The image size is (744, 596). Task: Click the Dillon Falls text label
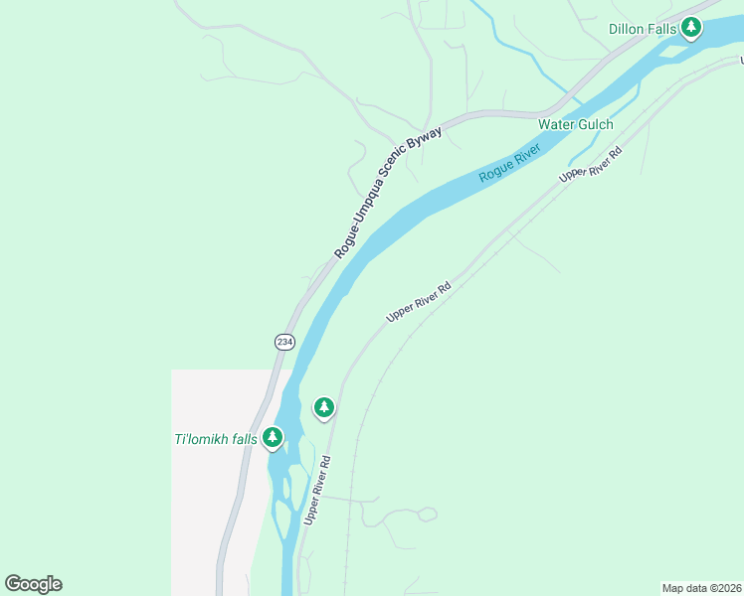(643, 29)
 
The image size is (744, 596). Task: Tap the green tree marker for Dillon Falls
(690, 27)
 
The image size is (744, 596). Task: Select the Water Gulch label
(576, 124)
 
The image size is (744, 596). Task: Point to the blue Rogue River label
(509, 163)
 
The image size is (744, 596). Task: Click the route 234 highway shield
(284, 341)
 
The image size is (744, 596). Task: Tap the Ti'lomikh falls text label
(216, 439)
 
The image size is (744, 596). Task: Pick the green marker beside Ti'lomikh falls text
(273, 437)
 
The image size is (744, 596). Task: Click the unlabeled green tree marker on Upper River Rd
(323, 406)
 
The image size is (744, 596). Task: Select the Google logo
(33, 584)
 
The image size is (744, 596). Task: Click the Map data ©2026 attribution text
(701, 588)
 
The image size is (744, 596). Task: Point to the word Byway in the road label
(451, 139)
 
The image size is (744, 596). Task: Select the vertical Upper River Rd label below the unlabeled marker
(317, 490)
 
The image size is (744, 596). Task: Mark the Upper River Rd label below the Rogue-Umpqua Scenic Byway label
(419, 300)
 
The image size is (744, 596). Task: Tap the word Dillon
(627, 29)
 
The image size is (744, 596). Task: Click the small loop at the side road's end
(427, 514)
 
